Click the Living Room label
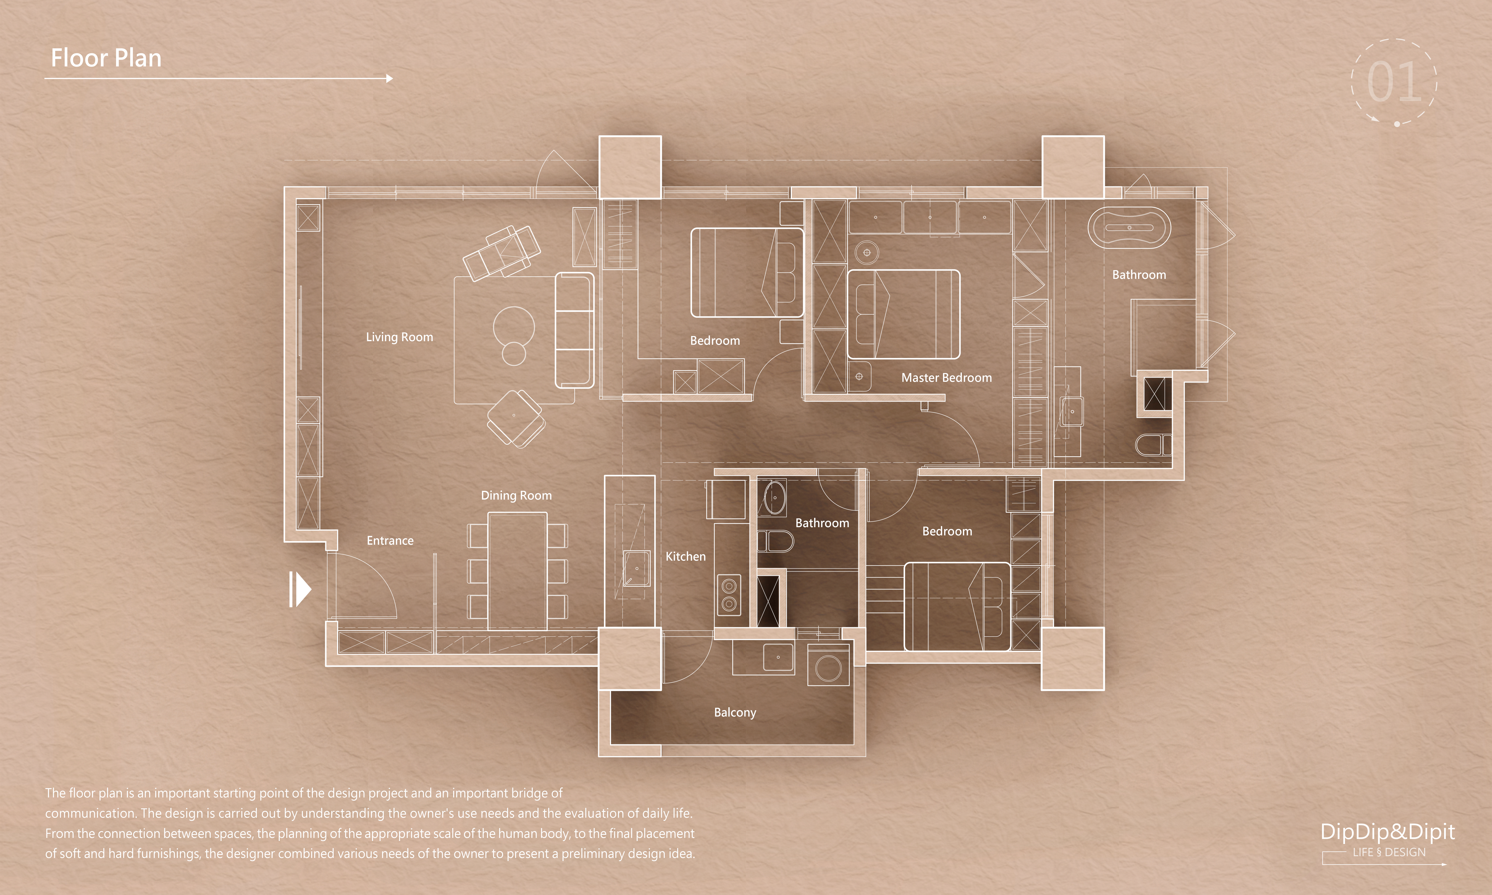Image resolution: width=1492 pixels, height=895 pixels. tap(399, 337)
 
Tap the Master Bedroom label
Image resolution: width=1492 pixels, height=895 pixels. tap(946, 378)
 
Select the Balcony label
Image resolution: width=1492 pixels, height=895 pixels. tap(735, 712)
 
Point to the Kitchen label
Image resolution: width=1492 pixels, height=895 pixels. tap(685, 556)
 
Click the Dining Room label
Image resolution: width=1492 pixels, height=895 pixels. tap(516, 495)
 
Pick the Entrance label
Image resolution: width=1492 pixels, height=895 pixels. tap(390, 540)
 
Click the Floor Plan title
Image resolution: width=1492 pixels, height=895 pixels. tap(106, 58)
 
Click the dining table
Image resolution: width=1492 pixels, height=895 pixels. tap(517, 570)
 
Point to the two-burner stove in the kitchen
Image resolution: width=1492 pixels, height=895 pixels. tap(729, 594)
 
